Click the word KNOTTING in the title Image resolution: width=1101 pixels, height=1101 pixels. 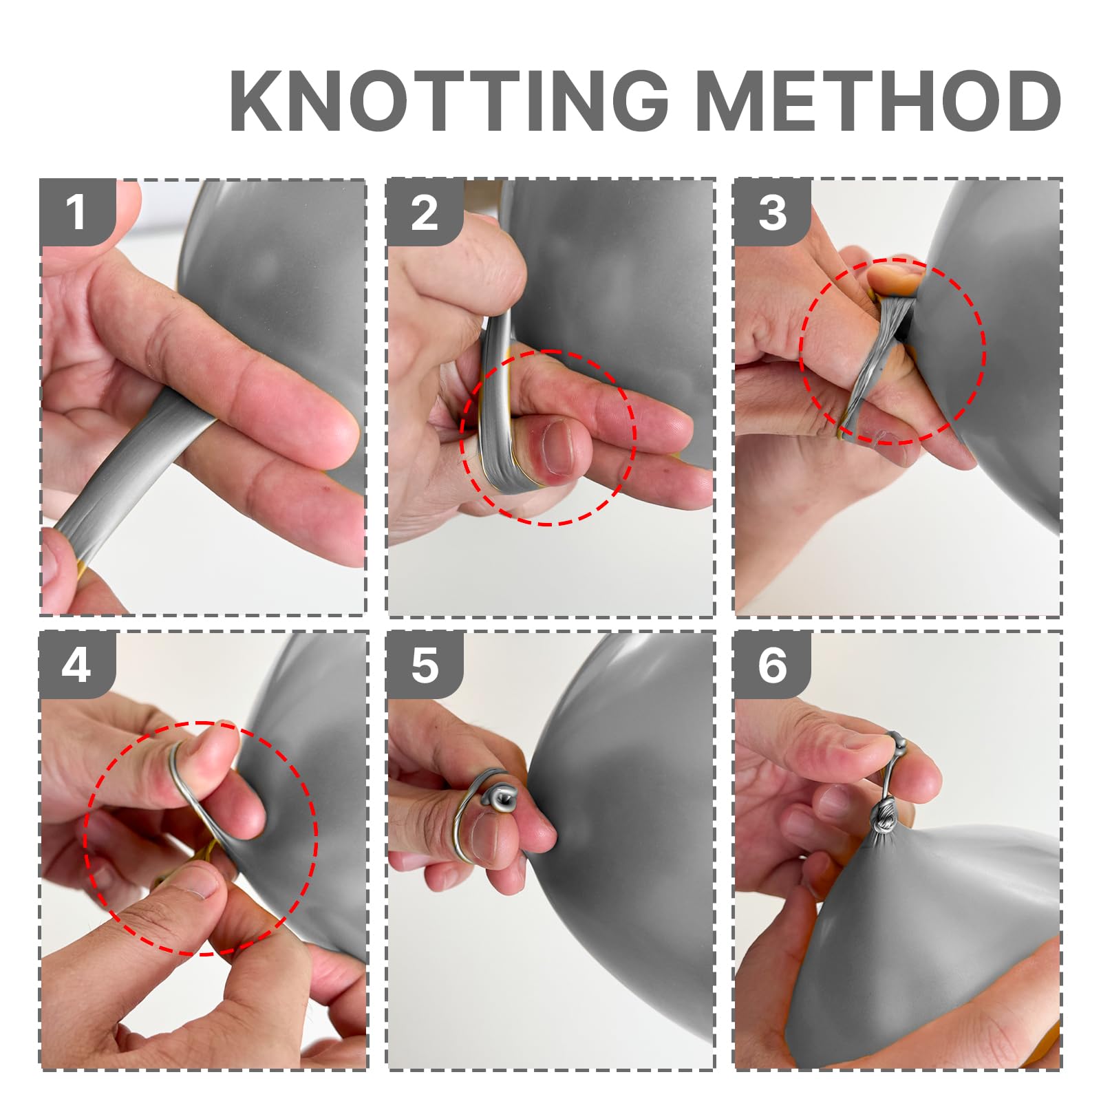pyautogui.click(x=449, y=100)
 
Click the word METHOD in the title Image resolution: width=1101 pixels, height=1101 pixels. pyautogui.click(x=879, y=100)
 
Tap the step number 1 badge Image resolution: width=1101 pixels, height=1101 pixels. pyautogui.click(x=77, y=212)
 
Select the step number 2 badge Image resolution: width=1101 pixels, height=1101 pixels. pyautogui.click(x=425, y=212)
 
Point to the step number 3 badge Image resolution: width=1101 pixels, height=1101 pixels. pyautogui.click(x=772, y=212)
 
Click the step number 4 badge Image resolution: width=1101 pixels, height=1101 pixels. pyautogui.click(x=77, y=665)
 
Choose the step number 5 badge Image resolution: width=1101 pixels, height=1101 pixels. pyautogui.click(x=425, y=665)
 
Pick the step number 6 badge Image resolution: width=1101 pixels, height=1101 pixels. pyautogui.click(x=772, y=665)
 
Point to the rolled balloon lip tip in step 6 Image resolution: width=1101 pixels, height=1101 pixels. pyautogui.click(x=897, y=742)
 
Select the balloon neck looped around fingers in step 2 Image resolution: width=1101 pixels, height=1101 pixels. pyautogui.click(x=497, y=406)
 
